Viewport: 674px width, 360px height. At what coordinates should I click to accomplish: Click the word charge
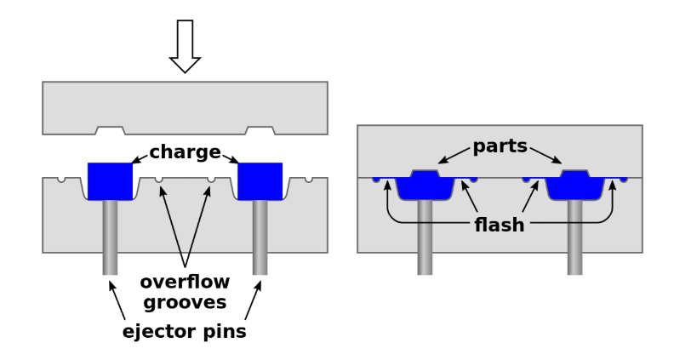184,153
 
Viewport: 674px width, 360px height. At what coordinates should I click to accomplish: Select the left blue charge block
111,180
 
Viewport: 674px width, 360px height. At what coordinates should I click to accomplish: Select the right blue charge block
260,180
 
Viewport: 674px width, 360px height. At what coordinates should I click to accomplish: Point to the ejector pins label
185,331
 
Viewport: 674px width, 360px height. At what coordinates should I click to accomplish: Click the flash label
500,226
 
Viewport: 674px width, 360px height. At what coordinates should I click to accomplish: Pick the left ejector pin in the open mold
111,238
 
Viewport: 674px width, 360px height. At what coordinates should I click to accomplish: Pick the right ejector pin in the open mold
260,238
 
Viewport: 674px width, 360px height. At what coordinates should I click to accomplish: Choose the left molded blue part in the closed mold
425,186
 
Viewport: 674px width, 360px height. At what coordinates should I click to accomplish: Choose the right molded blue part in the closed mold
575,186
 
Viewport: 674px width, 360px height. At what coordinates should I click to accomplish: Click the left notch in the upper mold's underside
111,130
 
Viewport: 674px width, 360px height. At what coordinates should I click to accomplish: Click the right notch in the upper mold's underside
260,130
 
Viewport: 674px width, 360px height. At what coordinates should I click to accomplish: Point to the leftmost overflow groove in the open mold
61,180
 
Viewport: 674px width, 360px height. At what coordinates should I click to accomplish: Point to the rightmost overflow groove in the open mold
309,180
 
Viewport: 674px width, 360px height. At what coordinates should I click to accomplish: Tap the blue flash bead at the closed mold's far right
624,180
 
